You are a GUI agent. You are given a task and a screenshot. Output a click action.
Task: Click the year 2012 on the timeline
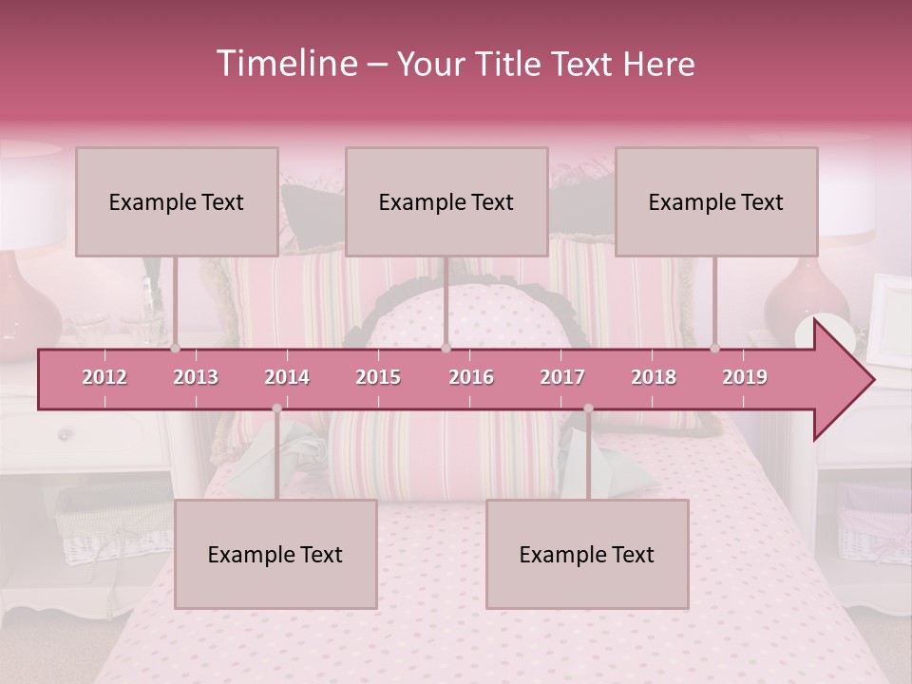pos(104,378)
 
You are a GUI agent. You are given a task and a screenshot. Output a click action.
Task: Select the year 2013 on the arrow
pos(196,378)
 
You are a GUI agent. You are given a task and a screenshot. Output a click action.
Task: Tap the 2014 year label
pos(287,378)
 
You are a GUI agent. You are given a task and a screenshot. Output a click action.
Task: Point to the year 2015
pos(378,378)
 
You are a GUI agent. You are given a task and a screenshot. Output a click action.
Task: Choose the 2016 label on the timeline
pos(471,378)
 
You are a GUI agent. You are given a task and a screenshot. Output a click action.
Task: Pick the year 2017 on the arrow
pos(562,378)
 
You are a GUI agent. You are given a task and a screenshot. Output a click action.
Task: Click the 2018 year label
pos(654,378)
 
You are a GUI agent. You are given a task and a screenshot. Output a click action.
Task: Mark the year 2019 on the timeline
pos(745,378)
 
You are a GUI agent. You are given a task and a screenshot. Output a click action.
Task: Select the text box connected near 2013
pos(177,201)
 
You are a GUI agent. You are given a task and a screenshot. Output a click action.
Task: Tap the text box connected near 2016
pos(446,201)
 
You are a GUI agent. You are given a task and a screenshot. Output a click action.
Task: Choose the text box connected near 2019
pos(716,201)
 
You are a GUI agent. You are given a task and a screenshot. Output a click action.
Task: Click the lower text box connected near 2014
pos(275,554)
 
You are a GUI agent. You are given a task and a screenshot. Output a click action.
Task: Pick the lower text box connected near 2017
pos(587,554)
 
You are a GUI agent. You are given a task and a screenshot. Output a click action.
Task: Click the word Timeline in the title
pos(286,64)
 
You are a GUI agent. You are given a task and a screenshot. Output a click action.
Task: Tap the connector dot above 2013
pos(176,349)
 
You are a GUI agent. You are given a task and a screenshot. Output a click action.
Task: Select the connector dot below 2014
pos(276,408)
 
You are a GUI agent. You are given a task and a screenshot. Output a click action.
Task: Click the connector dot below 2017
pos(588,408)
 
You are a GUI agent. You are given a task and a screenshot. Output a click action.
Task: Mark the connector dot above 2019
pos(715,349)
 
